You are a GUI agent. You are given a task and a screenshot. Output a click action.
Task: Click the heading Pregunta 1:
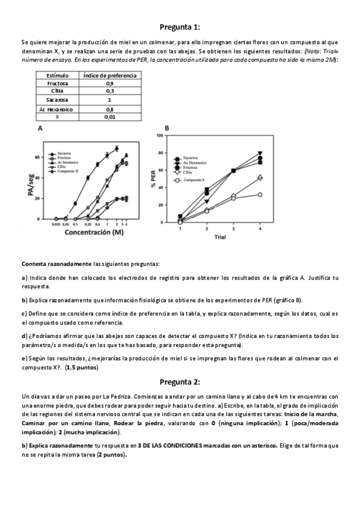pyautogui.click(x=180, y=27)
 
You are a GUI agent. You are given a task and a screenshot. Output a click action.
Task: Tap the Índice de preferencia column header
pyautogui.click(x=109, y=76)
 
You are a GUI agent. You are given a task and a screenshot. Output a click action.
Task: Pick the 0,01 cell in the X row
pyautogui.click(x=109, y=117)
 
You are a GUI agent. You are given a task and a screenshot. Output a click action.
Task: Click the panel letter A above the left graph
pyautogui.click(x=40, y=129)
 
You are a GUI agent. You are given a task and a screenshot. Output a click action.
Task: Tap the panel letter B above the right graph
pyautogui.click(x=166, y=128)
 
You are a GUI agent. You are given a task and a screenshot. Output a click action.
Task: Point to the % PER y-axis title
pyautogui.click(x=154, y=180)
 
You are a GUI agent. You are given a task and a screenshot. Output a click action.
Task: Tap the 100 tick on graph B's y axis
pyautogui.click(x=159, y=135)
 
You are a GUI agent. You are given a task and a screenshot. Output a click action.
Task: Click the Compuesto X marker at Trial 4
pyautogui.click(x=260, y=194)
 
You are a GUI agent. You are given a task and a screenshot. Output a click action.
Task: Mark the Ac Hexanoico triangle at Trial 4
pyautogui.click(x=260, y=154)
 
